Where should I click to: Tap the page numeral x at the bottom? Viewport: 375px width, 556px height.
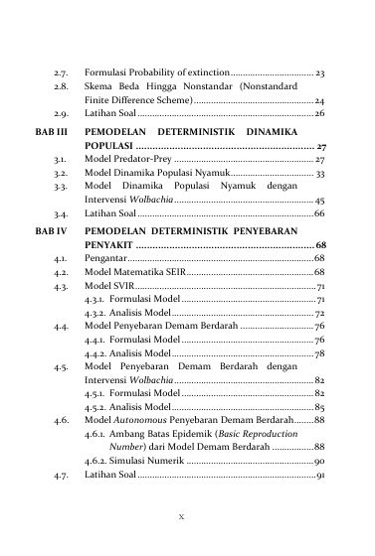coord(188,516)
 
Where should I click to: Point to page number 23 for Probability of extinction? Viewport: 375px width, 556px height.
coord(320,73)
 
